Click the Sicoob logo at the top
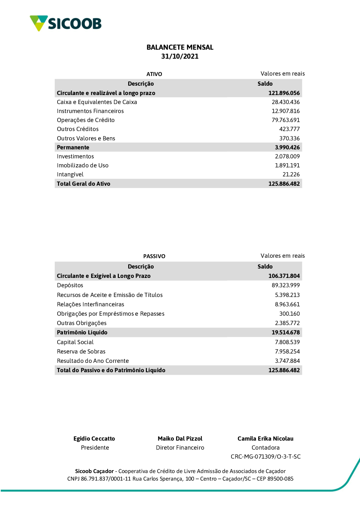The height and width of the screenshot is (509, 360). tap(66, 23)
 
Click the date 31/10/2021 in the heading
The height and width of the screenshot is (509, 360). tap(180, 57)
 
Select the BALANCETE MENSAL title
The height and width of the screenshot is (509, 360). tap(180, 47)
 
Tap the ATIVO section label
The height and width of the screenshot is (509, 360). tap(154, 74)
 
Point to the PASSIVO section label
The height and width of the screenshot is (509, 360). tap(154, 256)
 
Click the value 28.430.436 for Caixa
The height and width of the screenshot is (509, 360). tap(285, 102)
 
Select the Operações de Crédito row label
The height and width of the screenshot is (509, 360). tap(86, 120)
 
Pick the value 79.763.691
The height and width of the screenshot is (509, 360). tap(285, 120)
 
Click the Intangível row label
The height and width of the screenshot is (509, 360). tap(70, 175)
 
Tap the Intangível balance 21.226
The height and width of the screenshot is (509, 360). tap(291, 175)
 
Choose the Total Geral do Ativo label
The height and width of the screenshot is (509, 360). tap(84, 184)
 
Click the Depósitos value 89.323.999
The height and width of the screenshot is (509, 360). tap(285, 285)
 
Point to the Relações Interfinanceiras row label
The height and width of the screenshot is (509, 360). tap(90, 305)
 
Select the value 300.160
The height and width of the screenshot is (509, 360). tap(289, 314)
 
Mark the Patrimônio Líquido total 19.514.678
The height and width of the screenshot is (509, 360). tap(285, 333)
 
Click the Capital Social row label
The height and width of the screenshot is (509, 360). tap(75, 342)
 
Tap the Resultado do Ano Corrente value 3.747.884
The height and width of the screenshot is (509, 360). tap(287, 361)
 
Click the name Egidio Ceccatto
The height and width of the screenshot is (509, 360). tap(94, 439)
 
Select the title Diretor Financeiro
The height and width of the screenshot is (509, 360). tap(180, 448)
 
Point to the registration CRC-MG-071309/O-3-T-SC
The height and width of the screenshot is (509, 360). tap(266, 457)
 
